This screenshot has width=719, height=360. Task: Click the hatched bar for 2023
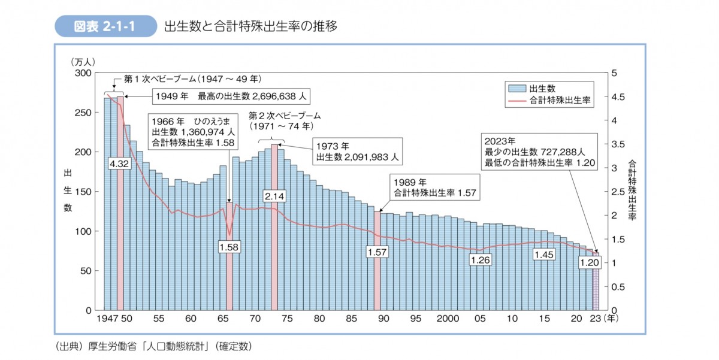(596, 288)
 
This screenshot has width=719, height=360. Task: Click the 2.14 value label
(274, 195)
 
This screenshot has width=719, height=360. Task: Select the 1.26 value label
(481, 260)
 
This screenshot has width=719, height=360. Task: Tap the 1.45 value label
(545, 255)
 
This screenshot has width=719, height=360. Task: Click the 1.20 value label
(590, 262)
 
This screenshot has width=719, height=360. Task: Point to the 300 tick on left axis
(83, 73)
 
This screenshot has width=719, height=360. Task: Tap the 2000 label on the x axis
(448, 319)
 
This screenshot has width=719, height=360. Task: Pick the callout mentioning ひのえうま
(194, 131)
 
